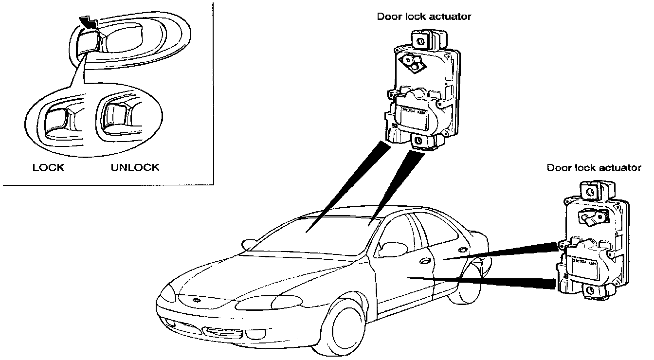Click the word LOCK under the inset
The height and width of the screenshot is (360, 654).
coord(48,168)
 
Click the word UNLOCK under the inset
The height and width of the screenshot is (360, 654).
coord(135,168)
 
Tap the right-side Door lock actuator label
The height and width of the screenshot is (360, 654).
coord(594,168)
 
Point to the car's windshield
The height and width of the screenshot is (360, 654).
coord(311,234)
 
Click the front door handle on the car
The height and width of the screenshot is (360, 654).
coord(425,261)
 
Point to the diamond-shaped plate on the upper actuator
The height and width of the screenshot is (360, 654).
coord(409,62)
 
